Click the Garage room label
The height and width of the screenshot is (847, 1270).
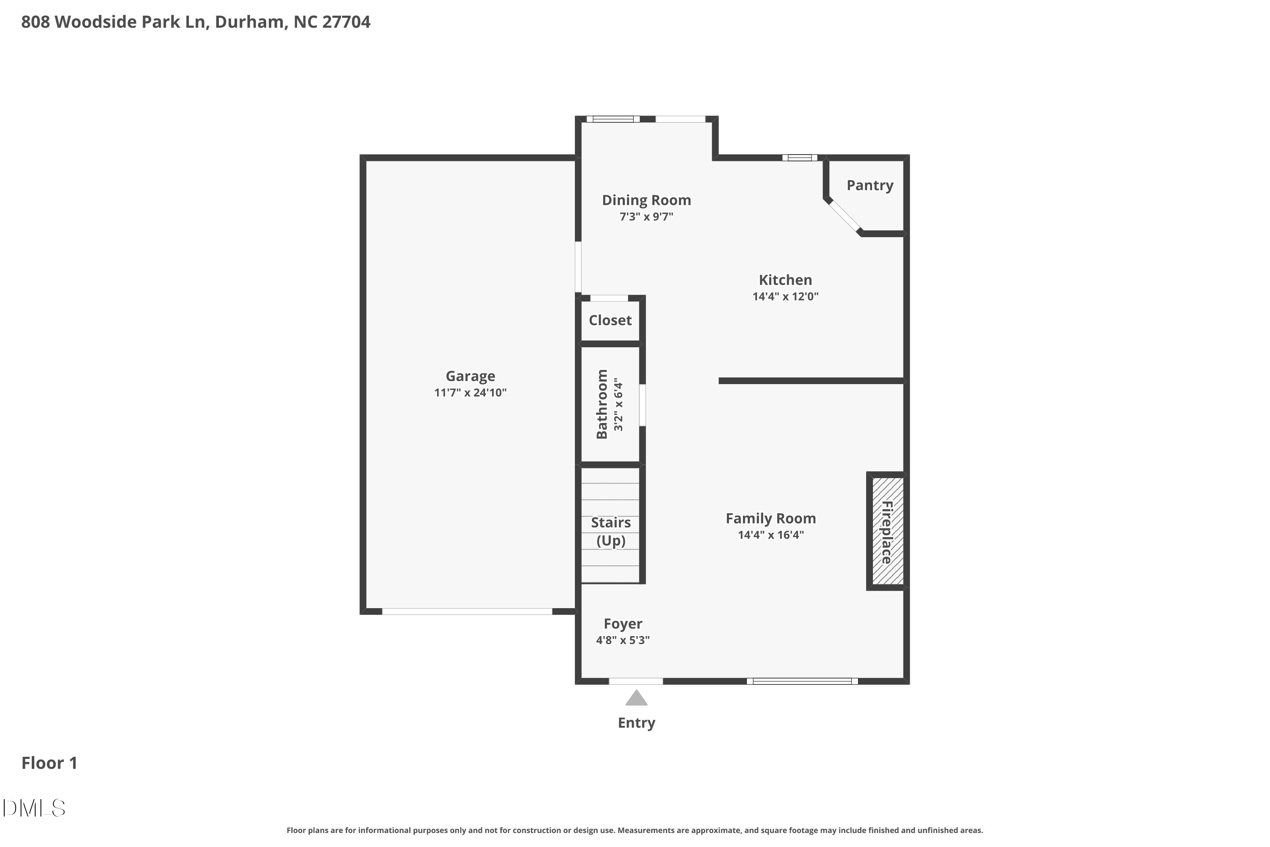pyautogui.click(x=470, y=376)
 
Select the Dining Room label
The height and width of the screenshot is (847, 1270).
pyautogui.click(x=646, y=200)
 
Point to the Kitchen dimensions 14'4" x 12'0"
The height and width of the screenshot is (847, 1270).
pyautogui.click(x=785, y=296)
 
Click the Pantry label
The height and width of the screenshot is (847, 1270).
pyautogui.click(x=870, y=185)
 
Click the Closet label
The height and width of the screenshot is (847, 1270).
pyautogui.click(x=610, y=320)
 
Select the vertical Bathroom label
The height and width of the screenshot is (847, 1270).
pyautogui.click(x=602, y=404)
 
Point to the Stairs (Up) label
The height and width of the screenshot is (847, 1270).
pyautogui.click(x=611, y=531)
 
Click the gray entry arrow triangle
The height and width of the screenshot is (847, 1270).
pyautogui.click(x=636, y=698)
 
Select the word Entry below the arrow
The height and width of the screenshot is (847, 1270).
pyautogui.click(x=636, y=723)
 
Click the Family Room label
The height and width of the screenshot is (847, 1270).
pyautogui.click(x=770, y=518)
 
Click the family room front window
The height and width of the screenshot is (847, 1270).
pyautogui.click(x=802, y=681)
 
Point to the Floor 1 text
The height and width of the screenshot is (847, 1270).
pyautogui.click(x=49, y=763)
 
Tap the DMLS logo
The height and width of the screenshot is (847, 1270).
pyautogui.click(x=33, y=808)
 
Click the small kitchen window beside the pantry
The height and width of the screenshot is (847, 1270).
pyautogui.click(x=800, y=158)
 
